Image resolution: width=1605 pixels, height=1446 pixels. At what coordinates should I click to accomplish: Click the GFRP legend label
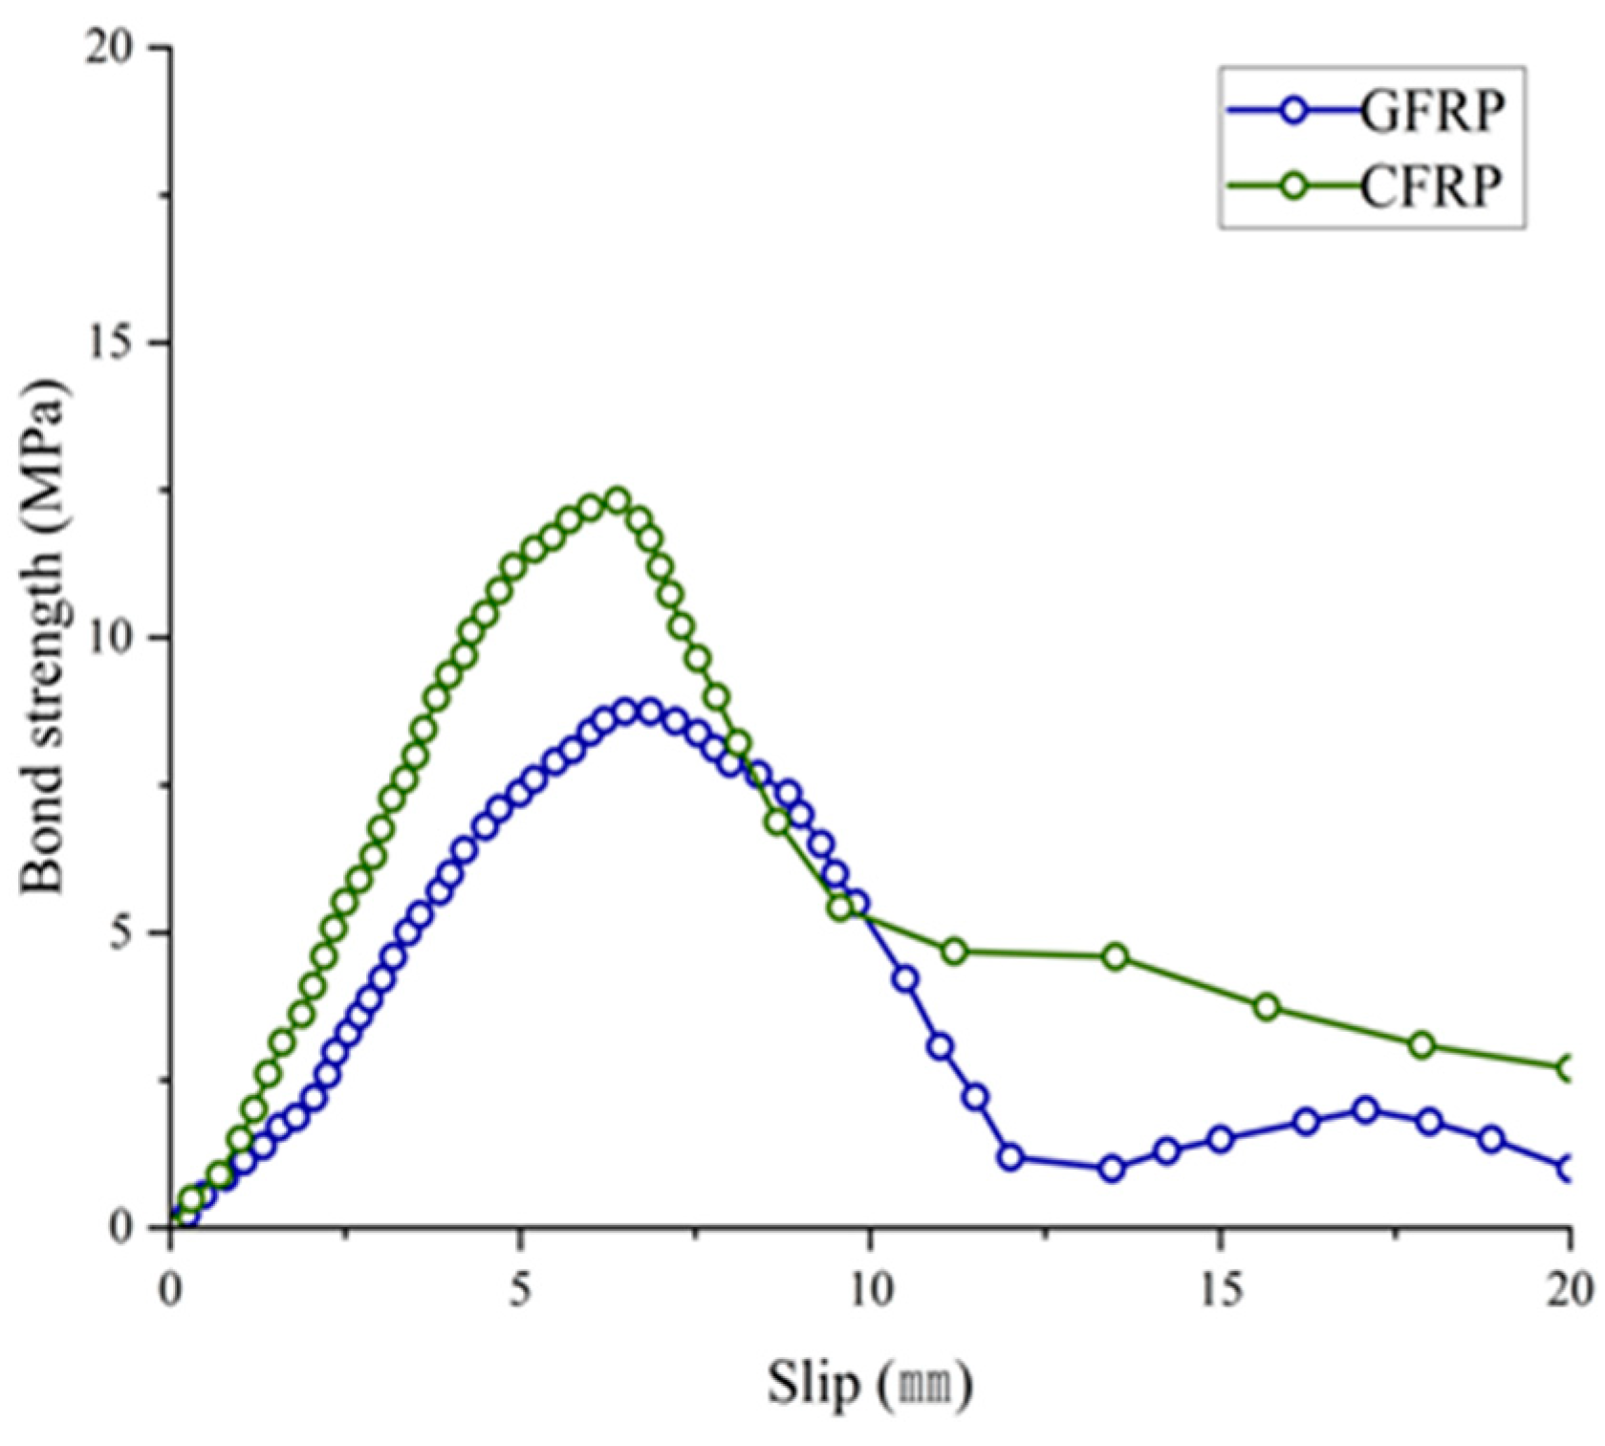[x=1431, y=112]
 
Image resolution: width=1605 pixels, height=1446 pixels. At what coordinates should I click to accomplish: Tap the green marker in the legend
[x=1292, y=186]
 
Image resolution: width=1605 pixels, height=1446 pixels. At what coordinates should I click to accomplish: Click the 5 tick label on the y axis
[x=124, y=933]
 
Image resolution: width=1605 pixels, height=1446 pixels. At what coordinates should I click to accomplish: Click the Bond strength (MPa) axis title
[x=43, y=636]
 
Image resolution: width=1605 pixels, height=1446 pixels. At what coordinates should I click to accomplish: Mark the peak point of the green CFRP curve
[x=618, y=500]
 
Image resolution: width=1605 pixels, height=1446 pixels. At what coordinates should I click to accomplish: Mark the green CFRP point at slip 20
[x=1569, y=1068]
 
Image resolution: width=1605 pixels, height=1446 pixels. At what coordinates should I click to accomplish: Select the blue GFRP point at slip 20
[x=1569, y=1168]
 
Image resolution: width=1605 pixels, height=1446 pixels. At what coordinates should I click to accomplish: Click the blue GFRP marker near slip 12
[x=1010, y=1157]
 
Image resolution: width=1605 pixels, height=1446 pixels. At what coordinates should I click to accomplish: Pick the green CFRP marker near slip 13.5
[x=1115, y=956]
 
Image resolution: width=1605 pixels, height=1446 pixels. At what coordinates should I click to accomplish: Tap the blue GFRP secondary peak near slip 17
[x=1366, y=1110]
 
